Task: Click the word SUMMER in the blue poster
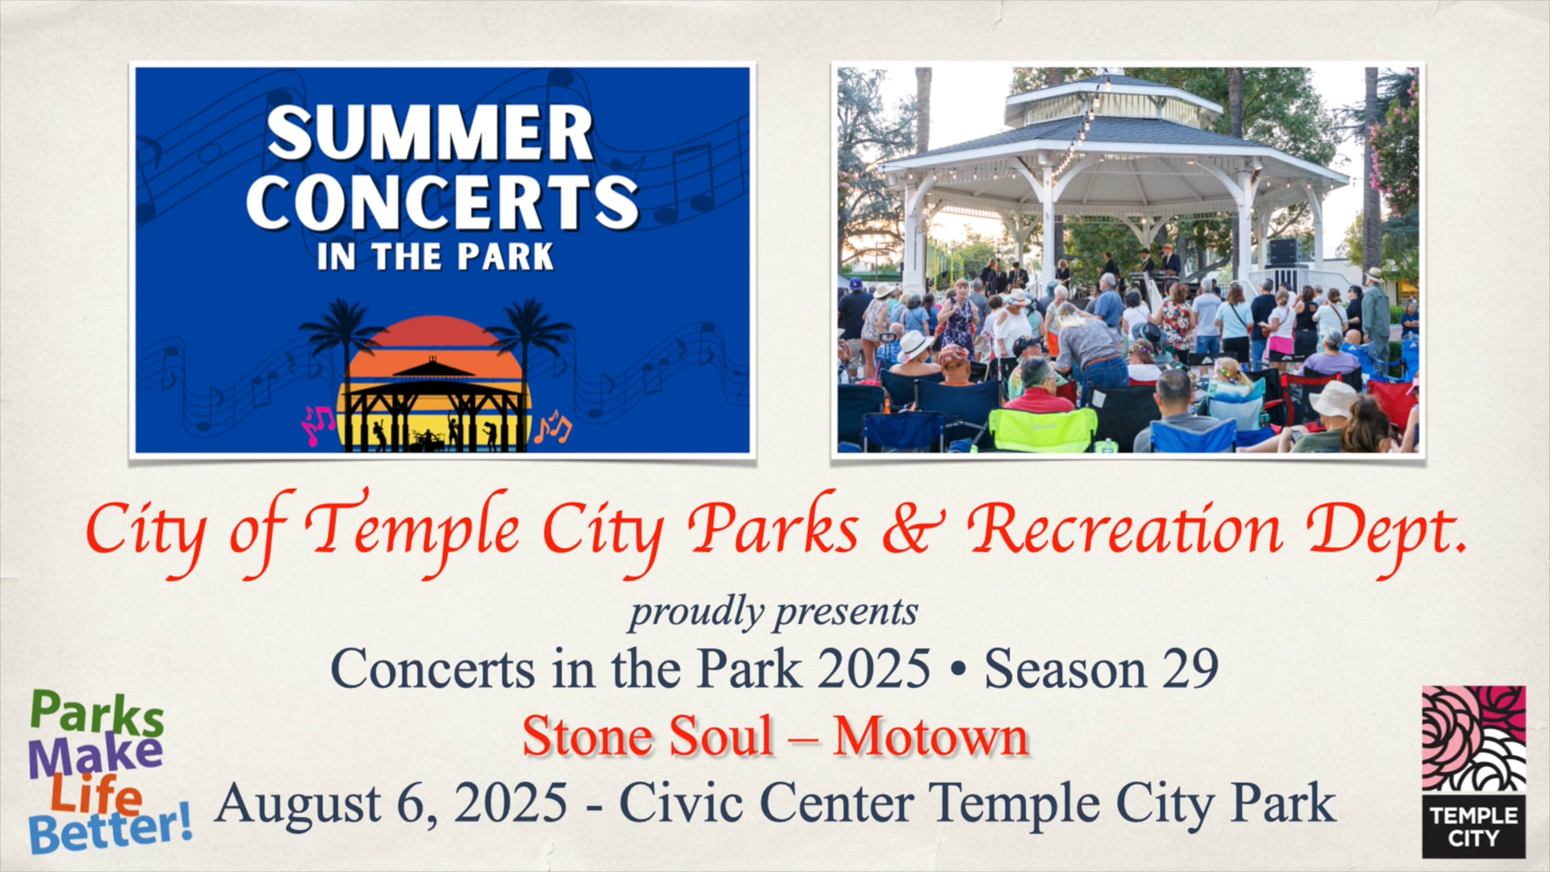pyautogui.click(x=429, y=132)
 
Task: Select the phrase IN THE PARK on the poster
pyautogui.click(x=435, y=256)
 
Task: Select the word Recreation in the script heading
pyautogui.click(x=1124, y=530)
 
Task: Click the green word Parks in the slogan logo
pyautogui.click(x=97, y=714)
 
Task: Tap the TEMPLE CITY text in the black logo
pyautogui.click(x=1474, y=827)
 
